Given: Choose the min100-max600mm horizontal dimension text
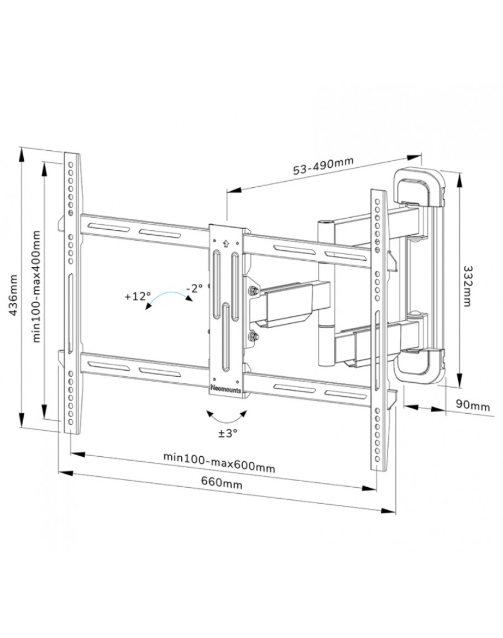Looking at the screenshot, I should (219, 462).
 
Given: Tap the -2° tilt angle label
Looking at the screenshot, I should (194, 288).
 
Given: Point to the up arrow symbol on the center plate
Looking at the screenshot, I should (226, 241).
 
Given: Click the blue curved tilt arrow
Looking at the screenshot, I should (169, 298).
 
